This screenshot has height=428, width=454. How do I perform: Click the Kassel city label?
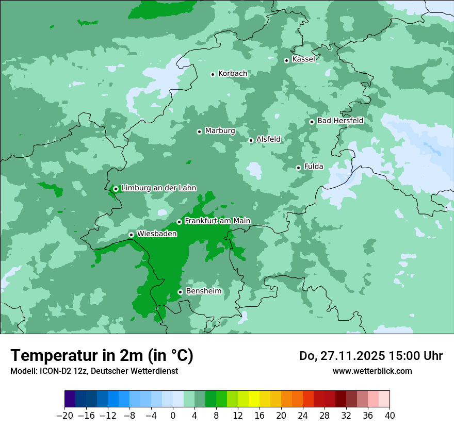tap(303, 59)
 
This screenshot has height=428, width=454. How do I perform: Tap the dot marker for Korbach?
tap(213, 74)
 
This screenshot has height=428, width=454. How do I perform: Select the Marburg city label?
tap(220, 131)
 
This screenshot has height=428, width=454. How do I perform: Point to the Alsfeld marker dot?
tap(251, 140)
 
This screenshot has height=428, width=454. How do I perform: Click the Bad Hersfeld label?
tap(340, 121)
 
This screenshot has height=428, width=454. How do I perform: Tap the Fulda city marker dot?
tap(298, 168)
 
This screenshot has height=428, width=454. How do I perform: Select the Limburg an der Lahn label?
tap(158, 188)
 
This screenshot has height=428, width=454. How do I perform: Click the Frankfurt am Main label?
tap(217, 221)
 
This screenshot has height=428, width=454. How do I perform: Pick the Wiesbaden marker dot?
tap(131, 235)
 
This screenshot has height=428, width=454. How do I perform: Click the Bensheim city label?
tap(203, 291)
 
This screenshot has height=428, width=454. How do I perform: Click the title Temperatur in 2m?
tap(102, 356)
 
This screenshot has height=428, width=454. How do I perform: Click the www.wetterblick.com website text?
tap(372, 371)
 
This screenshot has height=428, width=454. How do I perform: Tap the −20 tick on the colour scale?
tap(64, 416)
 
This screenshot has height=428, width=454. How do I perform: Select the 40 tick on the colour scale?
tap(390, 416)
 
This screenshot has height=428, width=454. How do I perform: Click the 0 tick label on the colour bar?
tap(173, 416)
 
